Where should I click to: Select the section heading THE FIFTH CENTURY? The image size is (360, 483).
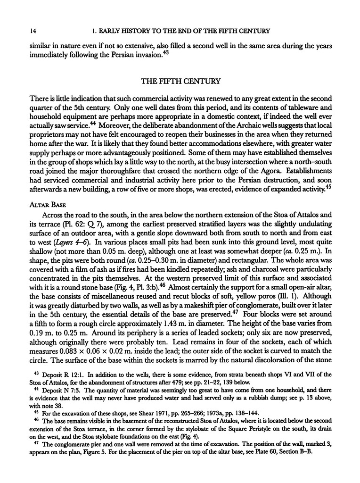click(181, 81)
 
